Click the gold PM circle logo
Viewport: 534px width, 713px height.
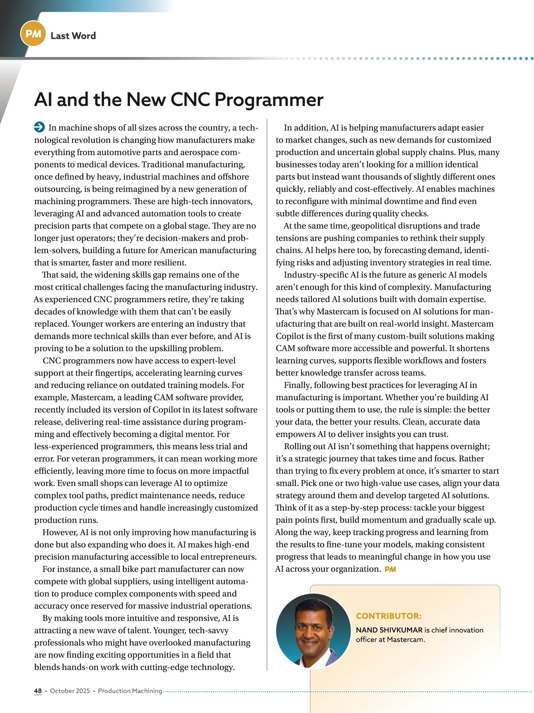[x=33, y=34]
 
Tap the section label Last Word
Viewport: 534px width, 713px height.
[x=73, y=36]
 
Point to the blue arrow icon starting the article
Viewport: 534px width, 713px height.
[x=39, y=127]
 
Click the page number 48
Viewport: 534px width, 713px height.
[x=38, y=691]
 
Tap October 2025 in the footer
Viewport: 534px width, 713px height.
[x=70, y=691]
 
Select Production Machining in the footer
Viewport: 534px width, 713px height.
[x=130, y=691]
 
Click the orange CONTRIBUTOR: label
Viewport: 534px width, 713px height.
[x=388, y=616]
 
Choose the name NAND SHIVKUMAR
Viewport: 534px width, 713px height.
[x=389, y=630]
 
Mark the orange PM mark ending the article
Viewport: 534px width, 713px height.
[x=390, y=569]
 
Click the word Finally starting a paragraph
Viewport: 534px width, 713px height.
[x=298, y=385]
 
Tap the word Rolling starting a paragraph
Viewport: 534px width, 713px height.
[x=298, y=447]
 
